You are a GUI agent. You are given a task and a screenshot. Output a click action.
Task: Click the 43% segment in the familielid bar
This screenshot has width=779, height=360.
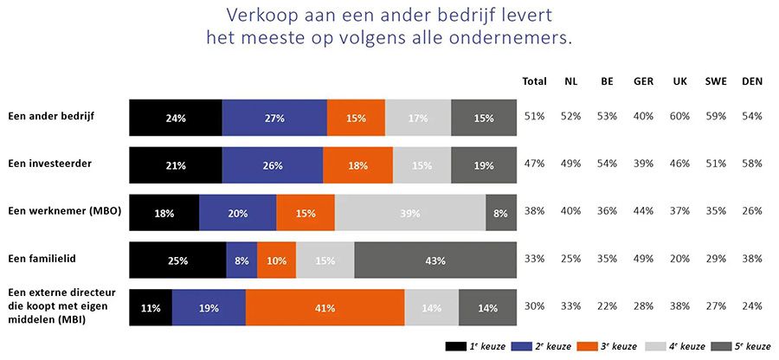point(435,260)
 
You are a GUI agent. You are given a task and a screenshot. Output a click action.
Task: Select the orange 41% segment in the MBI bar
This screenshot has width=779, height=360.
point(325,307)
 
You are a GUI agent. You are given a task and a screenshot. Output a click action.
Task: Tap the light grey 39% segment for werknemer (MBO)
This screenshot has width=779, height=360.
point(409,213)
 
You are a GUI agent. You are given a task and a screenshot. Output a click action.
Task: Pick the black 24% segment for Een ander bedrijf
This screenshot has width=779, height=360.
point(176,118)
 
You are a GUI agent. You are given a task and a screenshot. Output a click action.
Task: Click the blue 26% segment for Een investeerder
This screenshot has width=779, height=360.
point(272,165)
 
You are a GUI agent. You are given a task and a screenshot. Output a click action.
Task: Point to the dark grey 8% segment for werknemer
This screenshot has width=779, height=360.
point(501,213)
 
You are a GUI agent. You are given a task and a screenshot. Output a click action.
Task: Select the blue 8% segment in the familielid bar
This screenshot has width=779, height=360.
point(241,260)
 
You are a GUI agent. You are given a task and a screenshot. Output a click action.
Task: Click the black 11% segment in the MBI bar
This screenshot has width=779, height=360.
point(151,307)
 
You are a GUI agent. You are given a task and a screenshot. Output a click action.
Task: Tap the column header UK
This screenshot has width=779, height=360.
point(680,81)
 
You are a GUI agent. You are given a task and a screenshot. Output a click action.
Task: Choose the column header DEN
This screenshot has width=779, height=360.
point(752,81)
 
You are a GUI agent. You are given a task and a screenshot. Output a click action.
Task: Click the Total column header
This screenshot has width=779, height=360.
point(534,81)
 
